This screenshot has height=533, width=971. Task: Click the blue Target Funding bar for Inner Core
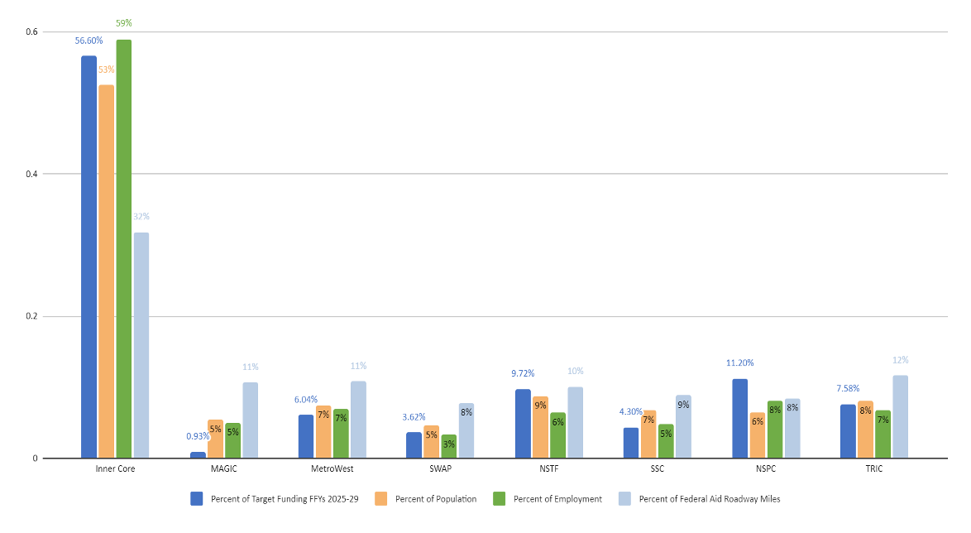[88, 257]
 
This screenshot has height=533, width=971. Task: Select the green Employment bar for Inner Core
[124, 248]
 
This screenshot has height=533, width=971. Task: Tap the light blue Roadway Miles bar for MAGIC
[251, 420]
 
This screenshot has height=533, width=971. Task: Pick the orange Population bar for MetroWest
[323, 431]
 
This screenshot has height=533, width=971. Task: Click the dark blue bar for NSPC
[740, 418]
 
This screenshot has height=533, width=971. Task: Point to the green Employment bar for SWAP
[449, 446]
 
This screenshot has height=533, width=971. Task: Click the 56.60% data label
[88, 40]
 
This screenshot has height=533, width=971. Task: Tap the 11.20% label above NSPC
[739, 363]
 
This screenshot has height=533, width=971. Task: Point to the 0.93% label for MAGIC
[197, 436]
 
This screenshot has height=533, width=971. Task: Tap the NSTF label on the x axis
[550, 468]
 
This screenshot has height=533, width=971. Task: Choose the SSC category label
[658, 468]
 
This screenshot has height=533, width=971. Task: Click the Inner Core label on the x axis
[116, 468]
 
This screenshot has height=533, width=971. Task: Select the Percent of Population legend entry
[437, 498]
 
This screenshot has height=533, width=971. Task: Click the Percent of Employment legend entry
[557, 498]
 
